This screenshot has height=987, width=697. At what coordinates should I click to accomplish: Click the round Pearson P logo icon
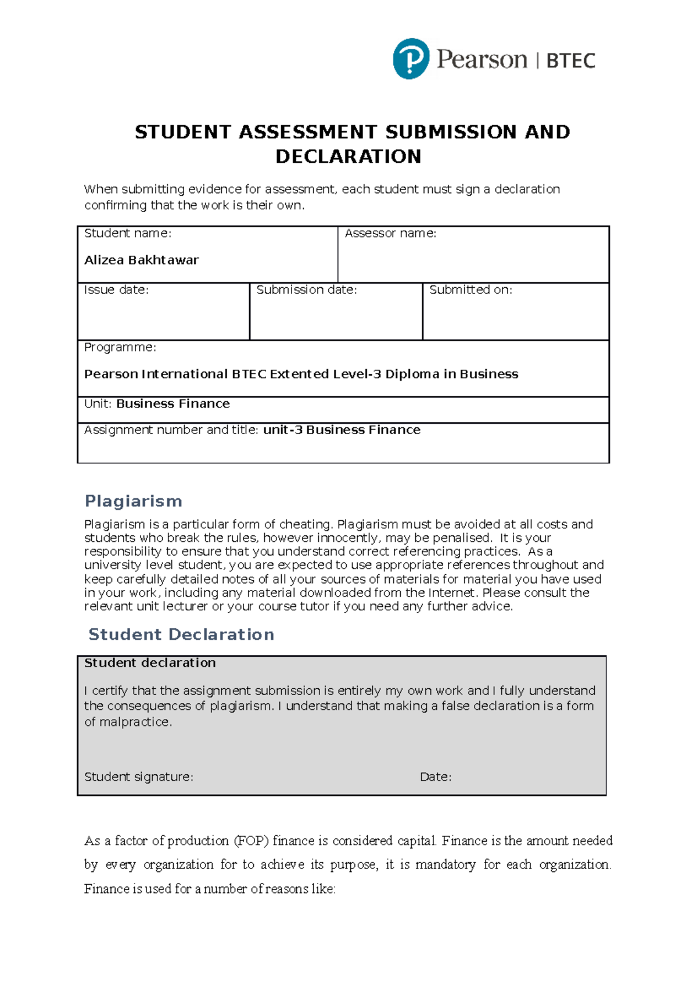pos(411,59)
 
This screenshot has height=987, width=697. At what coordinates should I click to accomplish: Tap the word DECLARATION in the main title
pos(348,156)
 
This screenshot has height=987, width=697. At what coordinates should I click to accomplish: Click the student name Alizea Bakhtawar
pos(141,260)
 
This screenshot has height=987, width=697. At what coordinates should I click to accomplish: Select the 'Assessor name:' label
pos(390,233)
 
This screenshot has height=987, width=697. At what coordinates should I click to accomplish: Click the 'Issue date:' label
pos(116,289)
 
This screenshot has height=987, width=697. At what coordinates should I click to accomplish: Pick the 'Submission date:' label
pos(306,289)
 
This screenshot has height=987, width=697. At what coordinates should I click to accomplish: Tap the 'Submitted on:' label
pos(470,289)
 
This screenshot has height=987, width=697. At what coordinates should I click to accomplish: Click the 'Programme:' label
pos(120,347)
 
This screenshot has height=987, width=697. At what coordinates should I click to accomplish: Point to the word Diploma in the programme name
pos(412,374)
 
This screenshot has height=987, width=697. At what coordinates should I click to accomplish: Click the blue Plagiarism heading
pos(133,500)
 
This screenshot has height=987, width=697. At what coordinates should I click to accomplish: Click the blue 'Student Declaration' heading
pos(181,634)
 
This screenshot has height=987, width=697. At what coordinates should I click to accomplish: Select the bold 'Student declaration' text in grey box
pos(149,663)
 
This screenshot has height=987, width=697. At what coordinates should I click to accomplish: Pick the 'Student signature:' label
pos(138,777)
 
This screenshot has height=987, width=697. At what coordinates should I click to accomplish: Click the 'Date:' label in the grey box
pos(435,777)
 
